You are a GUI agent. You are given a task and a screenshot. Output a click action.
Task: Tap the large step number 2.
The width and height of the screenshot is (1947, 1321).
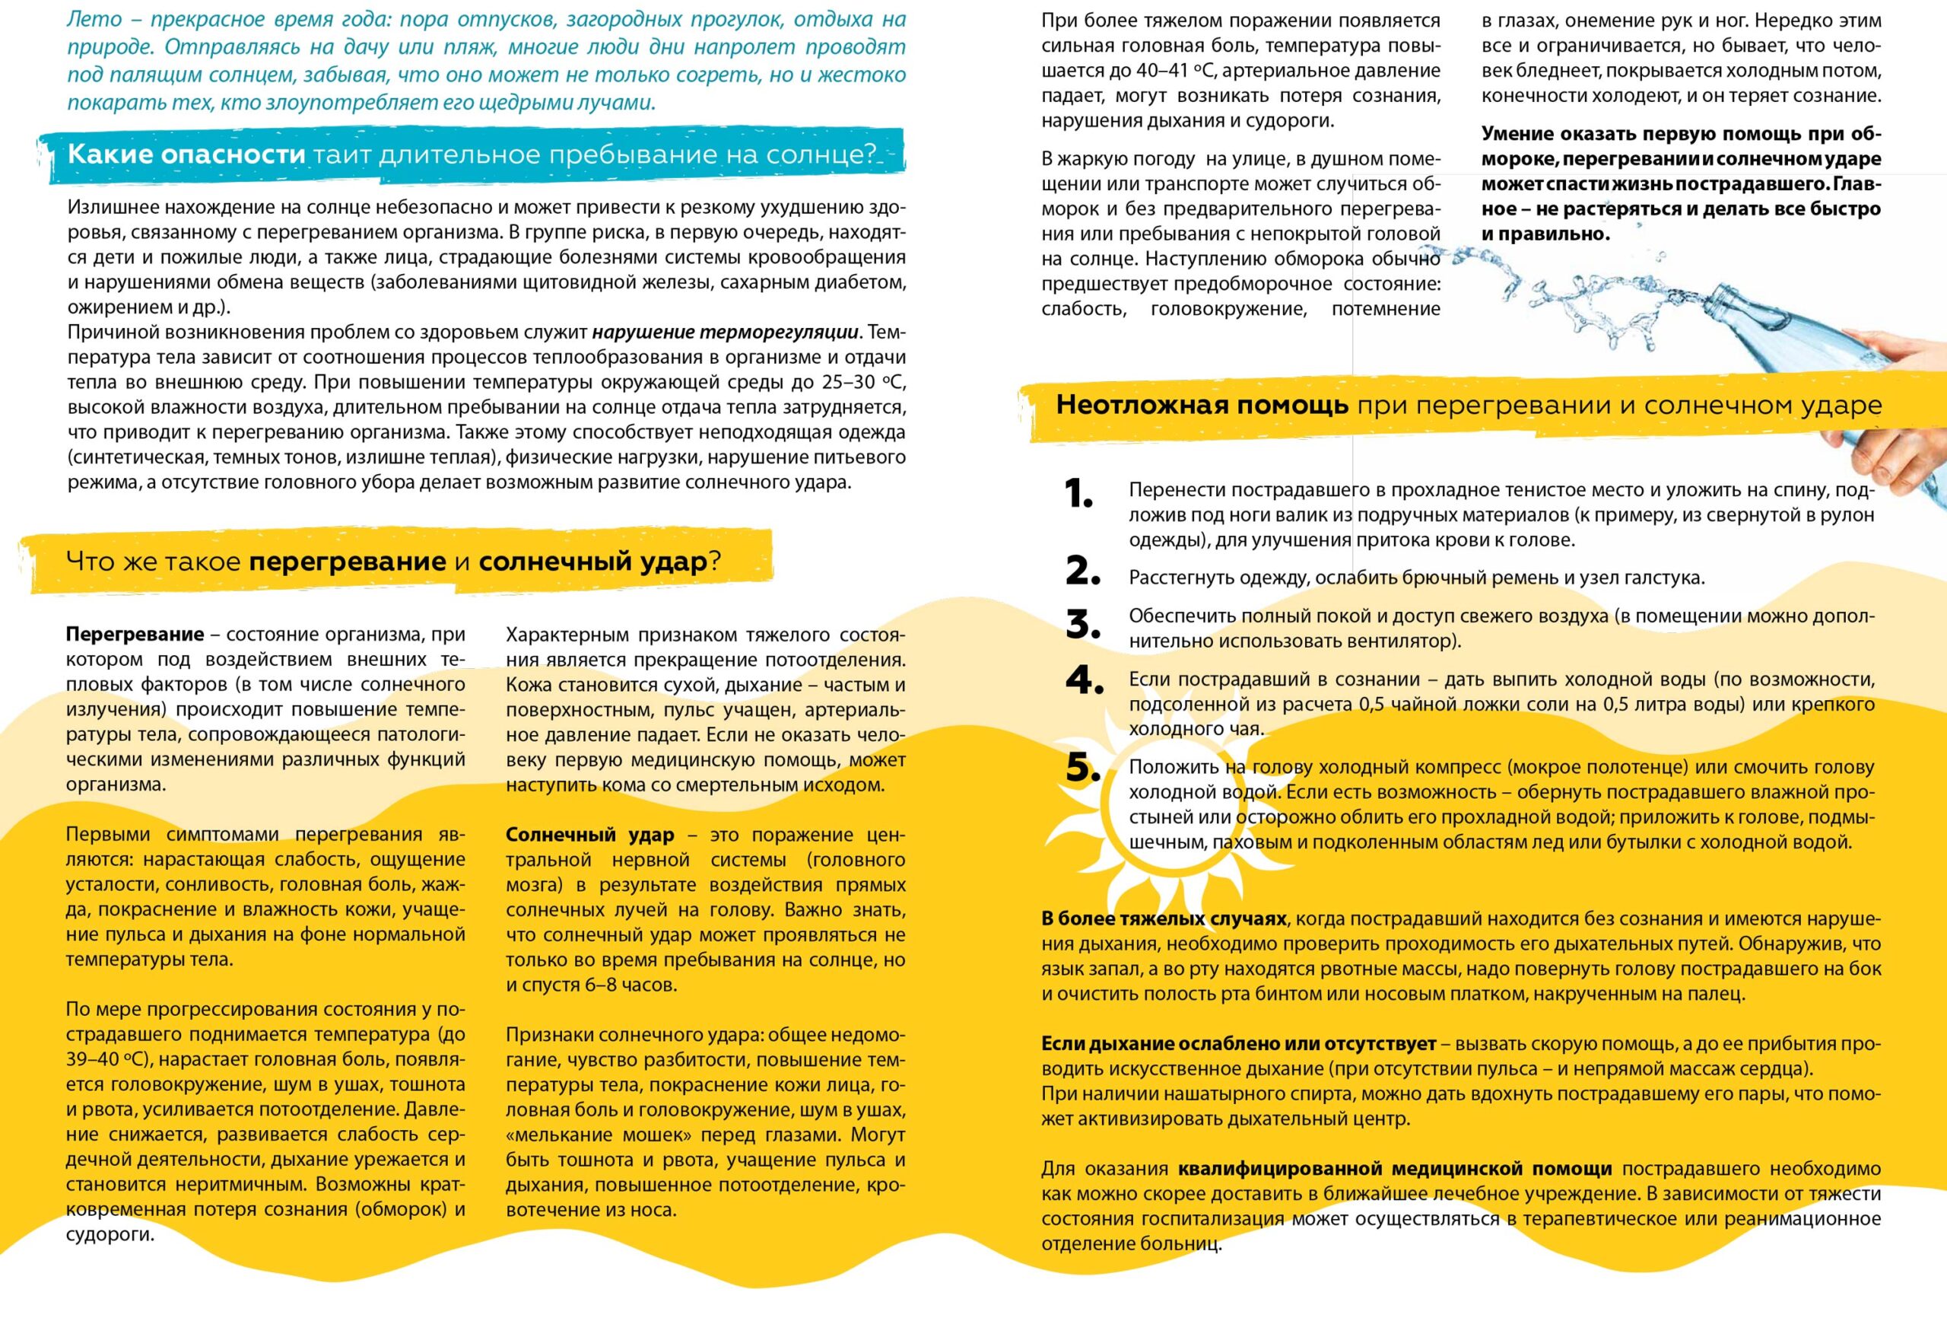pos(1082,571)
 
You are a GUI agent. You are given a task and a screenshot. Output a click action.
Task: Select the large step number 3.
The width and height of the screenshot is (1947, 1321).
pos(1082,625)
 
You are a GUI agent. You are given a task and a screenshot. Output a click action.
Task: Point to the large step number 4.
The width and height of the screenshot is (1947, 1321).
pos(1084,680)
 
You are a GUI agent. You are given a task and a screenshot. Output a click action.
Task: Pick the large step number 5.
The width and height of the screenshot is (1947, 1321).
pos(1082,768)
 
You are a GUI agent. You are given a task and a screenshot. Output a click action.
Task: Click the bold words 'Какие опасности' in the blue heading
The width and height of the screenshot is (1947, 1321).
pos(186,154)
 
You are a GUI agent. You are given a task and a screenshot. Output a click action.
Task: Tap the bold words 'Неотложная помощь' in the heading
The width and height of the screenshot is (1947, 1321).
pos(1202,405)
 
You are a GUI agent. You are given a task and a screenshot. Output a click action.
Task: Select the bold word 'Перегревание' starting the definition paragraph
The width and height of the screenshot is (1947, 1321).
pos(135,635)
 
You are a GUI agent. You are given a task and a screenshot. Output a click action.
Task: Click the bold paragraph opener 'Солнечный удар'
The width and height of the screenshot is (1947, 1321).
pos(589,835)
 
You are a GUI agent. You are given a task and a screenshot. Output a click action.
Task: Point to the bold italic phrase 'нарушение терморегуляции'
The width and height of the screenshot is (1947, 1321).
pos(725,332)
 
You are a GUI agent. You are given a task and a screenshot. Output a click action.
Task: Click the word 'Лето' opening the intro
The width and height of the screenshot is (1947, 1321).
pos(94,19)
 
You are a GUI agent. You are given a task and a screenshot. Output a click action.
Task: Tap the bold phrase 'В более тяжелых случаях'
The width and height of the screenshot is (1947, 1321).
pos(1164,918)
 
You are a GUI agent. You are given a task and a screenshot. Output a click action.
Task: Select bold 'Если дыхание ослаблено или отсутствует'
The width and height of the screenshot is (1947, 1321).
pos(1238,1044)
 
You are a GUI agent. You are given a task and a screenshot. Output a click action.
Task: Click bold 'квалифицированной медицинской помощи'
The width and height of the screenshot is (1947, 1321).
pos(1394,1169)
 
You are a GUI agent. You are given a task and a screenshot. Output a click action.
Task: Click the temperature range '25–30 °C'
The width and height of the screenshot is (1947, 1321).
pos(860,382)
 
